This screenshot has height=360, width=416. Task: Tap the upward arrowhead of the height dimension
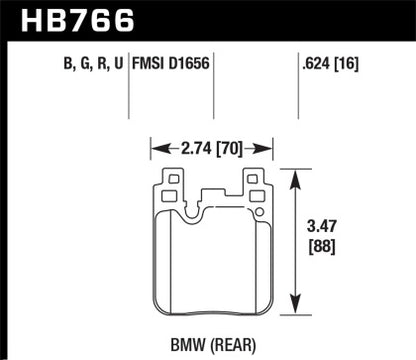click(294, 175)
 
